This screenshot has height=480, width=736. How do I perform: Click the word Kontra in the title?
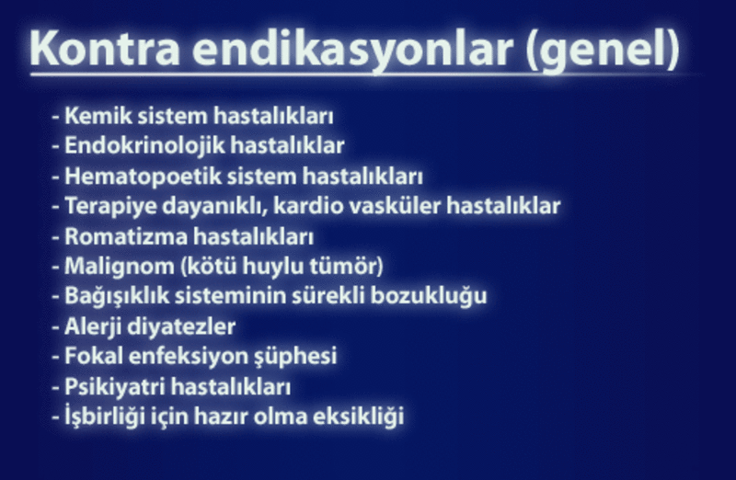[105, 49]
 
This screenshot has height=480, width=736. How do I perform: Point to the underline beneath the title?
[366, 74]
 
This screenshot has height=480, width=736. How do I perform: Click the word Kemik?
[98, 116]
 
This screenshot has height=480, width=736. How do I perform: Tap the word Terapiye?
[110, 206]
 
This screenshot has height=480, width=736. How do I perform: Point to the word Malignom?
[120, 267]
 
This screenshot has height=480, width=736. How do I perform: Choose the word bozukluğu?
[429, 296]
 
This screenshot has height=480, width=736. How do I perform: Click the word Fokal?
[94, 356]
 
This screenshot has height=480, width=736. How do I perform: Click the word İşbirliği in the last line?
[105, 416]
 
